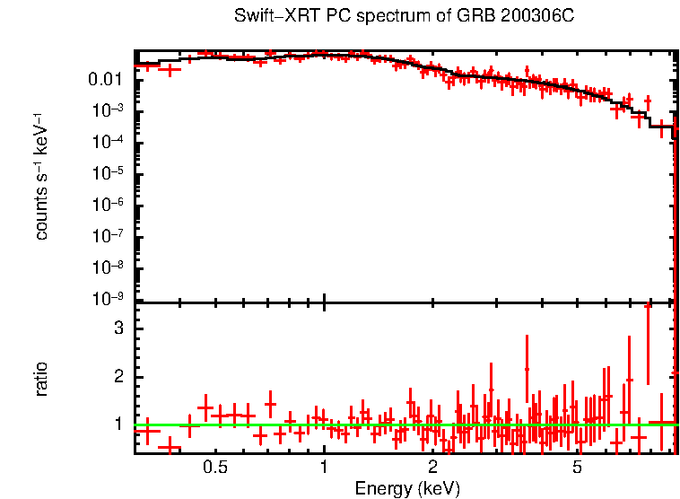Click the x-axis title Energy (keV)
(407, 489)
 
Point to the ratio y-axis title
(41, 379)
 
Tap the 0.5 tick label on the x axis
(215, 467)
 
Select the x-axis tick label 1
(324, 467)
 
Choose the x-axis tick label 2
(432, 467)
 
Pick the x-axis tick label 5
(577, 467)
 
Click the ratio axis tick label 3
(117, 328)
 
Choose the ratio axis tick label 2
(117, 376)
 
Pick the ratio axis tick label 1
(117, 424)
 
